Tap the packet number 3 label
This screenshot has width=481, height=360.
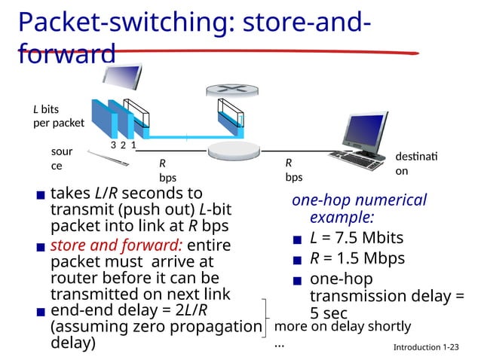coord(113,145)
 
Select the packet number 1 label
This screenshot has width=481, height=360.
coord(133,145)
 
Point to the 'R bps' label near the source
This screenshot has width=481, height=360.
coord(167,170)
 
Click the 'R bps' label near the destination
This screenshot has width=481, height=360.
coord(293,170)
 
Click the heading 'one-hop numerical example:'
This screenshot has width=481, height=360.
coord(359,209)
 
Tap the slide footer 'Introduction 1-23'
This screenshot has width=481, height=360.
coord(426,347)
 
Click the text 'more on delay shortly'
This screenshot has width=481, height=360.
coord(342,326)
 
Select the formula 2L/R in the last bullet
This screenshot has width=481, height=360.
coord(190,311)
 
